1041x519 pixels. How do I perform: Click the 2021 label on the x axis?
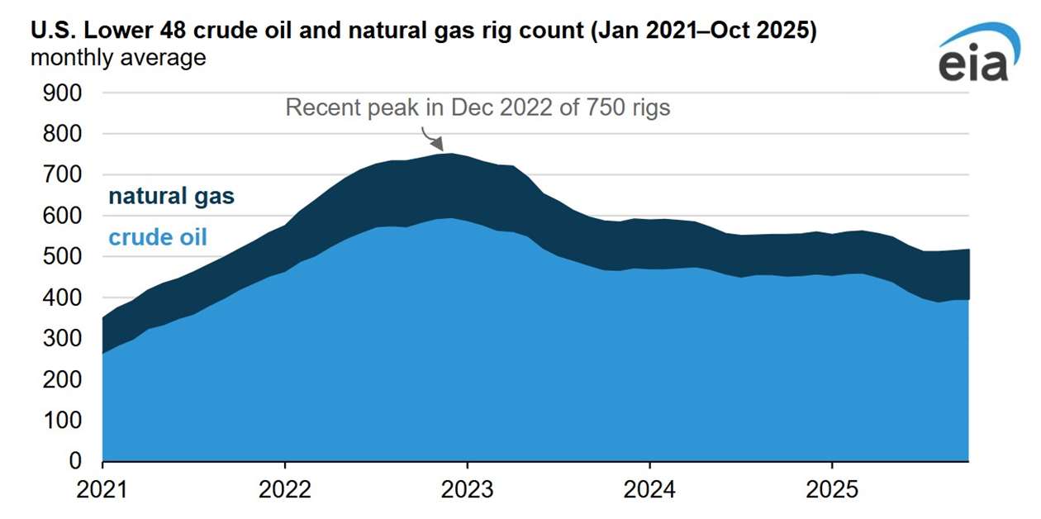tap(102, 490)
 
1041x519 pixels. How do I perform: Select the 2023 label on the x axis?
tap(467, 490)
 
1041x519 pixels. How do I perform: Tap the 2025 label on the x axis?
tap(831, 490)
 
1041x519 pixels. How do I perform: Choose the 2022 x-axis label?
tap(285, 490)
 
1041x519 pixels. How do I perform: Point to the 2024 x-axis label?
tap(649, 490)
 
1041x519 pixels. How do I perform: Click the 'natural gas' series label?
tap(172, 197)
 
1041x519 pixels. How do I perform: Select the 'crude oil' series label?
tap(158, 238)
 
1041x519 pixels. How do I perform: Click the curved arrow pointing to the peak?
tap(430, 136)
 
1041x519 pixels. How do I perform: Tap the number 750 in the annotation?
tap(590, 108)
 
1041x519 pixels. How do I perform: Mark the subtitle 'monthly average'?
tap(118, 59)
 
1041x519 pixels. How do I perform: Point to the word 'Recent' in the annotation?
tap(321, 108)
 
